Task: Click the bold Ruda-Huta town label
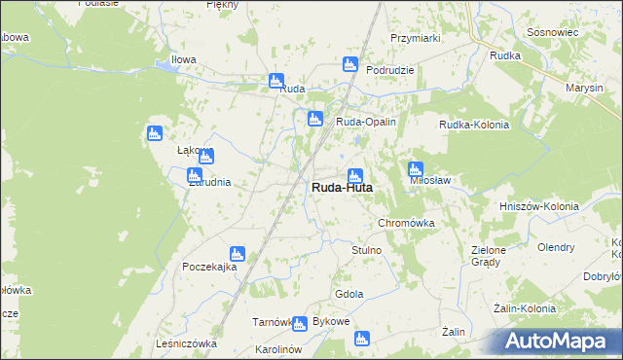click(x=342, y=189)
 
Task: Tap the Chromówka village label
click(x=405, y=223)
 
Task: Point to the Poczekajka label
click(x=209, y=267)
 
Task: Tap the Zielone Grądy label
click(x=488, y=256)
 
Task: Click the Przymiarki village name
click(x=416, y=38)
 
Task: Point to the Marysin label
click(x=584, y=88)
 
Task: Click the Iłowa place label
click(x=183, y=59)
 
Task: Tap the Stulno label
click(x=366, y=250)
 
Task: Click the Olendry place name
click(x=556, y=247)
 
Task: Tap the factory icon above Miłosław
click(x=416, y=167)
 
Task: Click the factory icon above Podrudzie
click(x=350, y=64)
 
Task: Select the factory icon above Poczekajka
click(x=237, y=253)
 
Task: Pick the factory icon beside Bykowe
click(x=299, y=323)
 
